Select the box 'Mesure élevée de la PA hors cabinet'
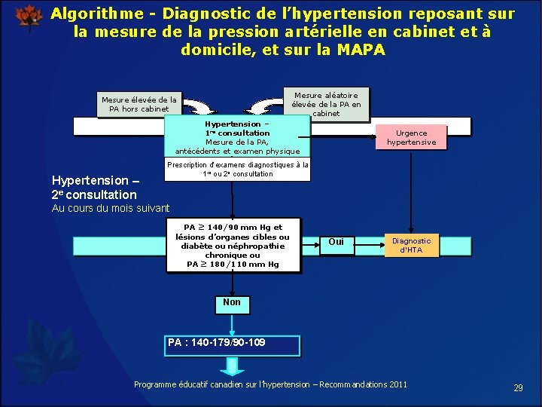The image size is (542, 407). coord(139,104)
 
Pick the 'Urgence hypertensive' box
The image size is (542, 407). coord(411,137)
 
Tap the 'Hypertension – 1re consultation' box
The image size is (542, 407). coord(237,136)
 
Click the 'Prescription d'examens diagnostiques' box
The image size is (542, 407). coord(237,170)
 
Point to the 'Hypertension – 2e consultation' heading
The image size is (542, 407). coord(94,187)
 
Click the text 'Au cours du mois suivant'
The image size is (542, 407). coord(111,208)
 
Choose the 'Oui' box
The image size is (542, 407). coord(336,242)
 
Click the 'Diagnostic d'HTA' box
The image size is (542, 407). coord(411,245)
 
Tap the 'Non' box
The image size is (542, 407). coord(232,303)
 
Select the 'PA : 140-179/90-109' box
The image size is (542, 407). coord(233,345)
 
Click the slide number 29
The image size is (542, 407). coord(518,387)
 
